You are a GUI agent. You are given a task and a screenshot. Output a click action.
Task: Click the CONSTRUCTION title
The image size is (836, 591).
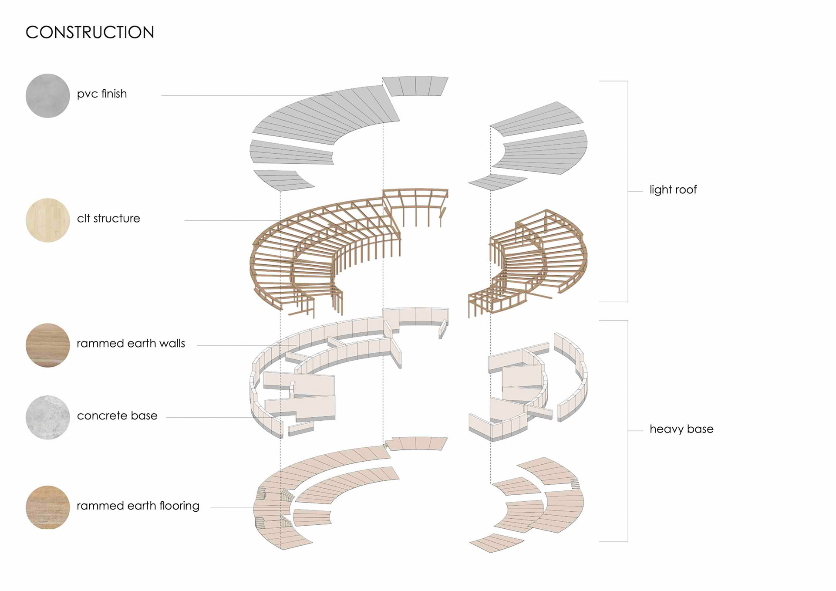pos(90,33)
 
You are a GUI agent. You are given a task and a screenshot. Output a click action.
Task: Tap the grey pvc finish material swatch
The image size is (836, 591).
pos(48,96)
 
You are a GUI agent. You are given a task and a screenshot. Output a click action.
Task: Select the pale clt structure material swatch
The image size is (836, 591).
pos(48,220)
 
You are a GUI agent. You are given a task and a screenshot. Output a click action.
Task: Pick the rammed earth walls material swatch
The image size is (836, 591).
pos(48,345)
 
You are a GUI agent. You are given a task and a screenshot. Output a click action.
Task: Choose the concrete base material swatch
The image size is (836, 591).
pos(48,417)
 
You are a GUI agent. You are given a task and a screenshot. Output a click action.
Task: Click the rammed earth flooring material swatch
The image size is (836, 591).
pos(48,507)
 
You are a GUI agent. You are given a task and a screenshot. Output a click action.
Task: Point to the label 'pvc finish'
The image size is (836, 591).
pos(102,94)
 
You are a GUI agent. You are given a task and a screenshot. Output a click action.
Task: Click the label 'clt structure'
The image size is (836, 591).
pos(108,219)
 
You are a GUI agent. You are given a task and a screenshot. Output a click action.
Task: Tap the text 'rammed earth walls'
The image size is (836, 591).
pos(131,344)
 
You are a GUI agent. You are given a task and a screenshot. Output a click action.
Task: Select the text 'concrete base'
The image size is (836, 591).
pos(117,416)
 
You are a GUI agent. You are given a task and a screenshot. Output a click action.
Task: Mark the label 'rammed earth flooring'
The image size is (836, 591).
pos(138,506)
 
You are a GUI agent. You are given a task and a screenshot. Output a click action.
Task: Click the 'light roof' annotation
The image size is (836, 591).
pos(673,190)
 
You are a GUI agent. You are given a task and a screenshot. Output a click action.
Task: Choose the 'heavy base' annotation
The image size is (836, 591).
pos(681,429)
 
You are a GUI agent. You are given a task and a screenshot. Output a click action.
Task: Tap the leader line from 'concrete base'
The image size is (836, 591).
pos(209,418)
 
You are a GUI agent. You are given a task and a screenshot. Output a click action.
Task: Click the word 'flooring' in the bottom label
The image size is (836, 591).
pos(179,506)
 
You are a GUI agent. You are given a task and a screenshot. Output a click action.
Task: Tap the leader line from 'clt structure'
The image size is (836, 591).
pos(231,220)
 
